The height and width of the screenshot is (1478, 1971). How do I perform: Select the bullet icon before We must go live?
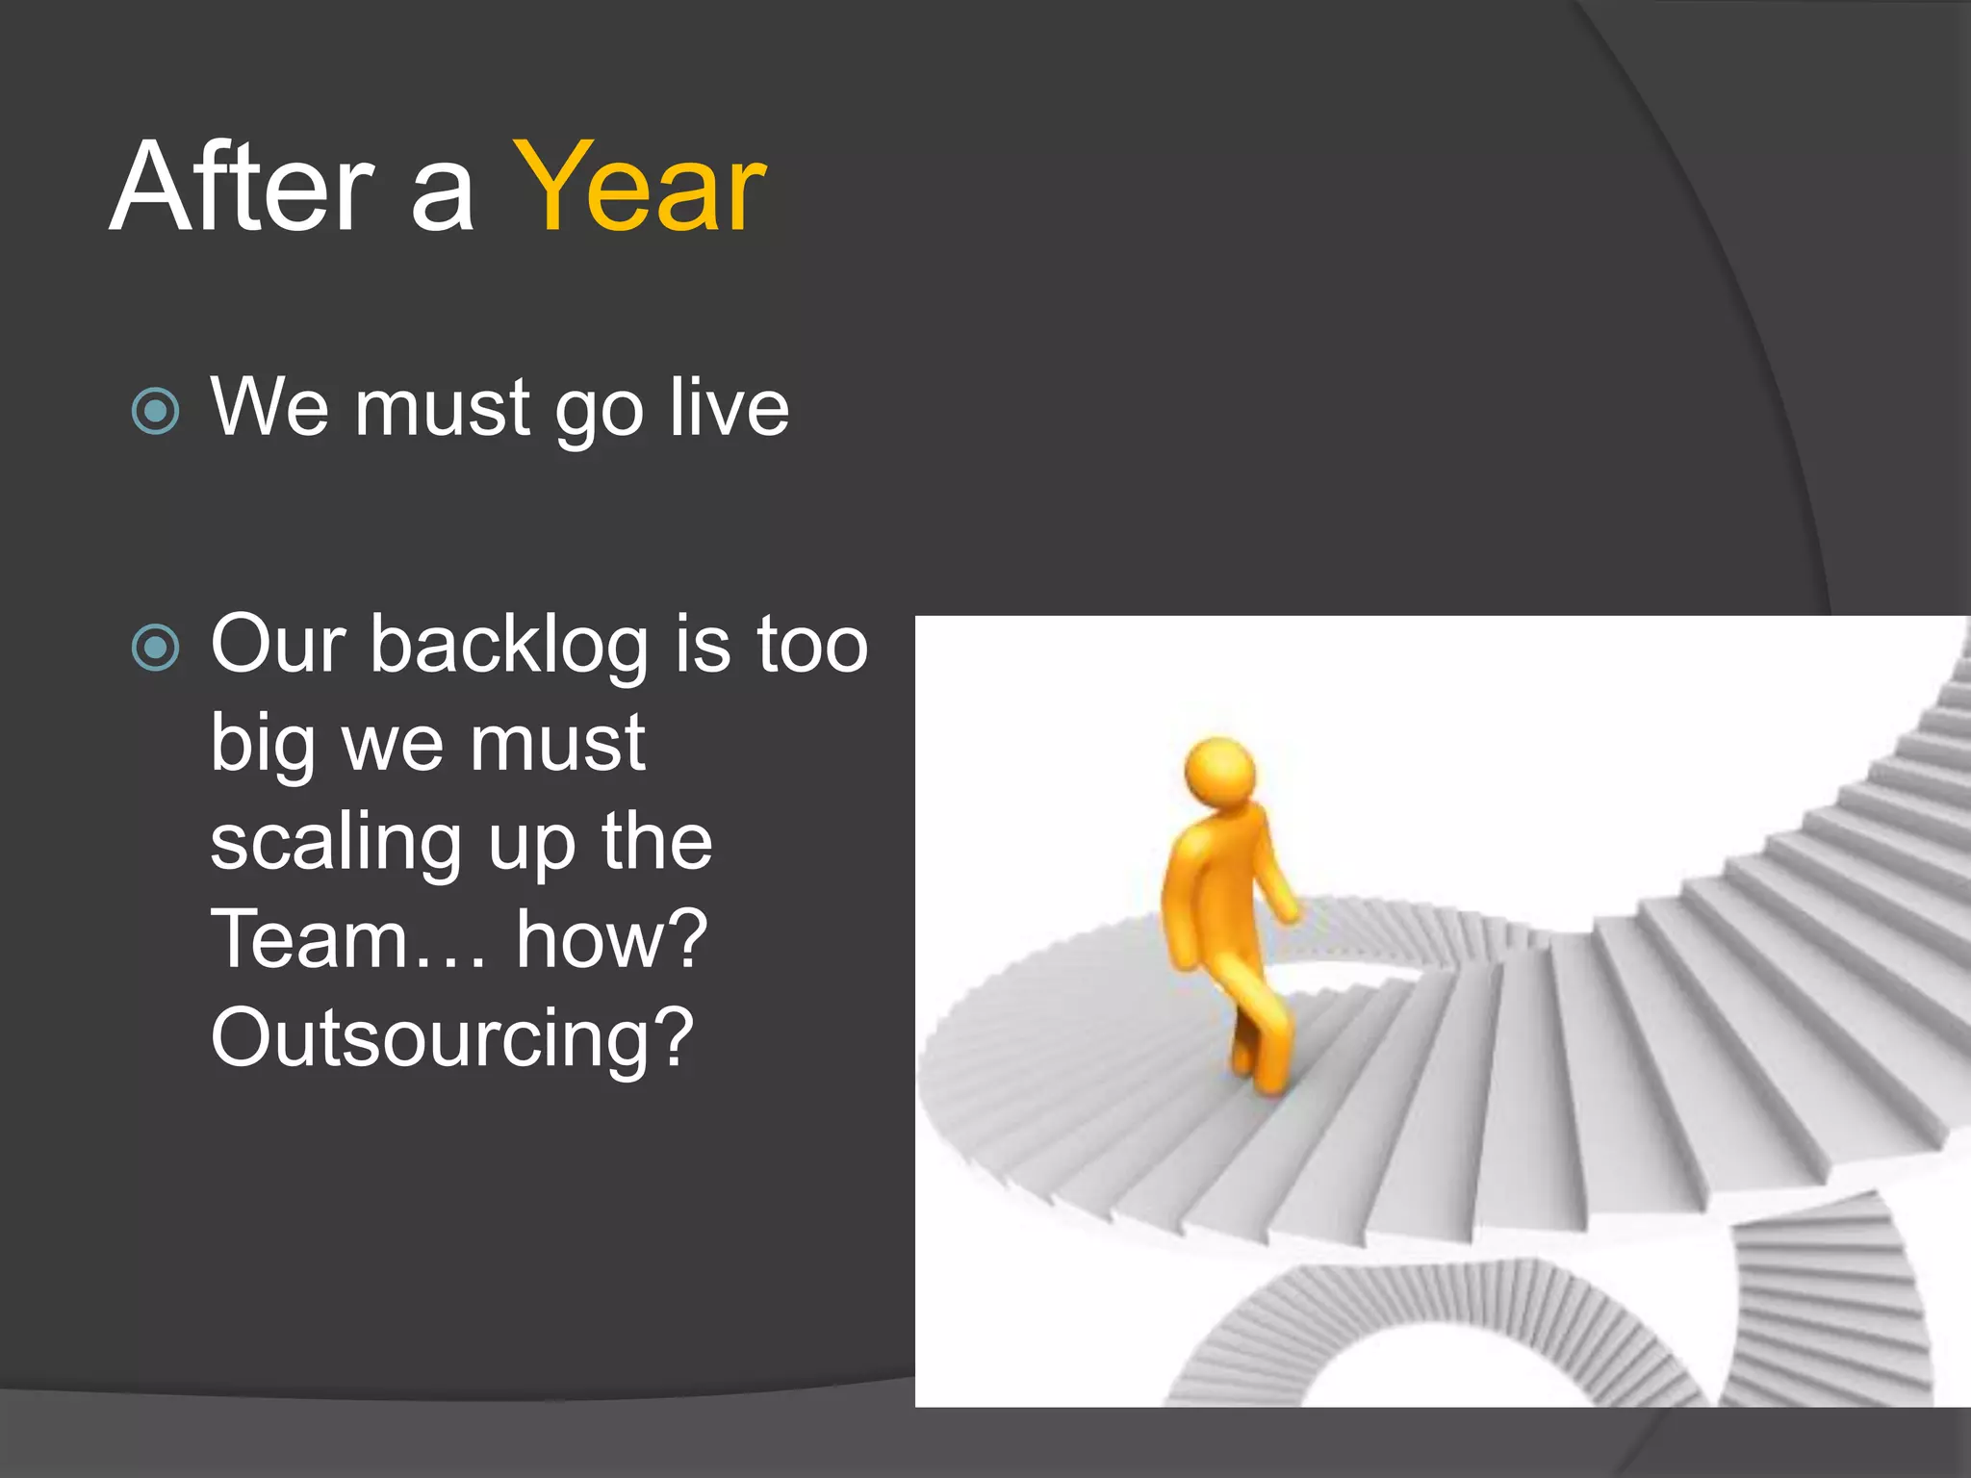click(x=155, y=412)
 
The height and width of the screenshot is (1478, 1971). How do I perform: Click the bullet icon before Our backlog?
click(x=155, y=648)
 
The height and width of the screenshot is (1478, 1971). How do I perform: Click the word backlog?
click(x=510, y=645)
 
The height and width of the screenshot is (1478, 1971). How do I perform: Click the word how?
click(x=612, y=939)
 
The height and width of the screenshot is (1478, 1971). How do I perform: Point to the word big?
click(x=263, y=746)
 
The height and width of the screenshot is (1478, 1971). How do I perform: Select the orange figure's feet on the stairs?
click(x=1261, y=1073)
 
